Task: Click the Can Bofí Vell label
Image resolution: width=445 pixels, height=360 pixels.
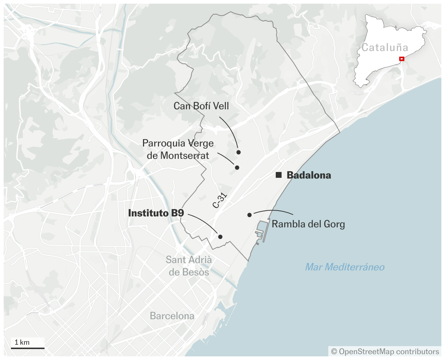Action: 201,106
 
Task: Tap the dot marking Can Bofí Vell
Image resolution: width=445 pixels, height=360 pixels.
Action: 239,152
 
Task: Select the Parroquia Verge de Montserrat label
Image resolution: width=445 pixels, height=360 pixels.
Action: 178,149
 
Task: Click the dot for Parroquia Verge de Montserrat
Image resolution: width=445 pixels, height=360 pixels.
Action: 237,168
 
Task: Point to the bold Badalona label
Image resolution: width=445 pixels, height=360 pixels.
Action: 309,175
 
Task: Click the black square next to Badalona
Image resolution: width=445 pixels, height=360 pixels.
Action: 279,175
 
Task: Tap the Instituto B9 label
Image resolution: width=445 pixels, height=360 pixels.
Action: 156,213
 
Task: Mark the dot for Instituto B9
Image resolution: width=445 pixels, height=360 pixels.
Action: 220,236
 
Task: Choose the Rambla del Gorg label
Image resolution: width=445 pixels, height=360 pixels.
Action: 308,224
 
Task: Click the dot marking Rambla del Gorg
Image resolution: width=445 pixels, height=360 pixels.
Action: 249,215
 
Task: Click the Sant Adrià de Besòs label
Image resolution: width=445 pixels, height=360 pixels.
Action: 189,266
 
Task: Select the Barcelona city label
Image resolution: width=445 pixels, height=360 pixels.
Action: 172,316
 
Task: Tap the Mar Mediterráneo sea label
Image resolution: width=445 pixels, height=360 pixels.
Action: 345,267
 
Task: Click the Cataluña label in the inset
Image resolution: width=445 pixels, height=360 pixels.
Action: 385,47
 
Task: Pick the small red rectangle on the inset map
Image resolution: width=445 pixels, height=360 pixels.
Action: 402,59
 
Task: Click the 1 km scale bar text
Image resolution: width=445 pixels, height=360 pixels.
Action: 22,342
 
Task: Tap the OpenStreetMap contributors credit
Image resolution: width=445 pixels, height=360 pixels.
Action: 385,352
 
